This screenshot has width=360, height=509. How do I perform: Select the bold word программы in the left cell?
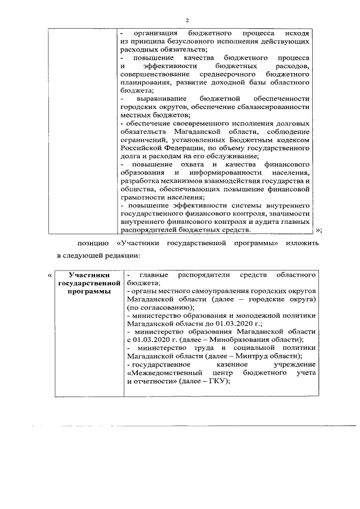(x=88, y=291)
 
